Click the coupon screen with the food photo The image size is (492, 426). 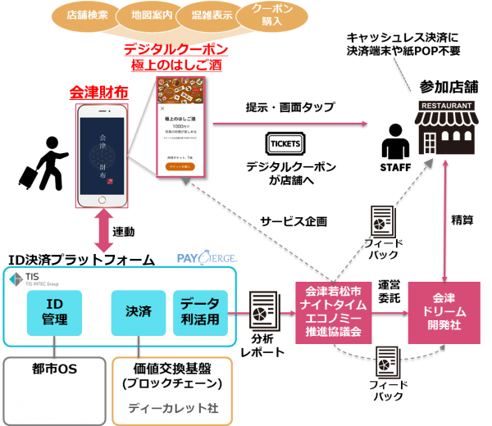tap(180, 126)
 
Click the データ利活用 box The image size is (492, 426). tap(201, 312)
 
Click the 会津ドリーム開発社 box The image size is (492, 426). tap(444, 312)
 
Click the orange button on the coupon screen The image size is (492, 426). tap(180, 166)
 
